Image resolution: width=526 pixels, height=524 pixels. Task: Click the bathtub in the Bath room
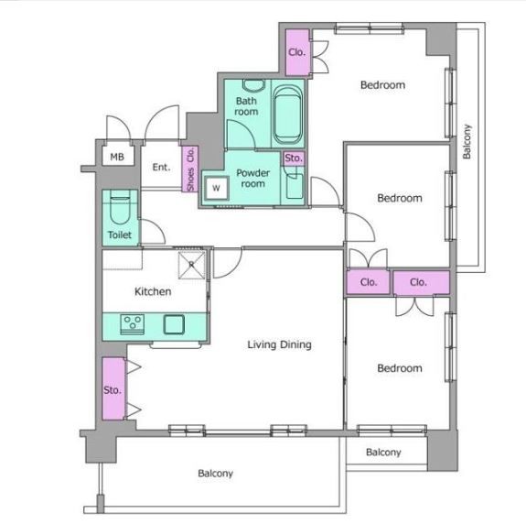(287, 115)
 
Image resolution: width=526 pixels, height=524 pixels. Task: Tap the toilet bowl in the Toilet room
(120, 207)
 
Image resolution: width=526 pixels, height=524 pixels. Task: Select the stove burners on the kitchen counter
(133, 324)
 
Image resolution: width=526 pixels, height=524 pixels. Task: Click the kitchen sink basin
(174, 324)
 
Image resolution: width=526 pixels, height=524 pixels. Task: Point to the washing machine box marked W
(217, 188)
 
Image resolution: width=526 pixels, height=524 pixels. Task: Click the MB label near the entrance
(117, 157)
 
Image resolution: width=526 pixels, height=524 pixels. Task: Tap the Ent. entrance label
(161, 167)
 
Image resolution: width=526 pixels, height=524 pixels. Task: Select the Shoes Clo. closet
(190, 169)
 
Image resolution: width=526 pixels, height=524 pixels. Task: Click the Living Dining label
(279, 344)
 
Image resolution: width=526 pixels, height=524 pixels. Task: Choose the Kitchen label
(153, 291)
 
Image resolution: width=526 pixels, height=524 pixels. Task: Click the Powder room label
(252, 179)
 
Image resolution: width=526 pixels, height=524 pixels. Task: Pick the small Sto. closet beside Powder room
(294, 158)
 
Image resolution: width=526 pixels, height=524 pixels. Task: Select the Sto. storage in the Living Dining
(113, 388)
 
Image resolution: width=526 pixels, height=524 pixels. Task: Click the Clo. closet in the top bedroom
(297, 52)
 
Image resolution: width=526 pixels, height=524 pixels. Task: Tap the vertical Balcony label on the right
(467, 141)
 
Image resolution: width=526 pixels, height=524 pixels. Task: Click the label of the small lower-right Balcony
(383, 453)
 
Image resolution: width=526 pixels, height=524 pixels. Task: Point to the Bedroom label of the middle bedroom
(400, 198)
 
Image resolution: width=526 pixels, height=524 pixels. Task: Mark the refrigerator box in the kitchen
(191, 265)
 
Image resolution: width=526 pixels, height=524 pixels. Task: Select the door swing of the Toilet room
(153, 232)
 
